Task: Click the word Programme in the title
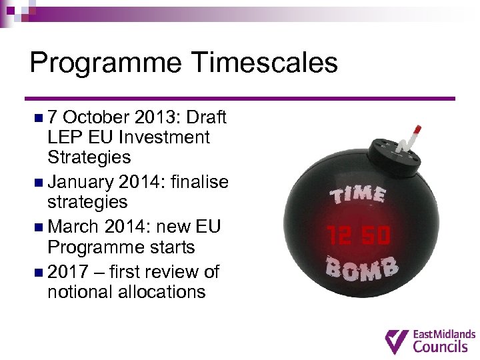pos(105,63)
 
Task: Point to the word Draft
pos(207,117)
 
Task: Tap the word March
pos(73,227)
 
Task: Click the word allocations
pos(127,292)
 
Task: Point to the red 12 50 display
pos(359,235)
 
